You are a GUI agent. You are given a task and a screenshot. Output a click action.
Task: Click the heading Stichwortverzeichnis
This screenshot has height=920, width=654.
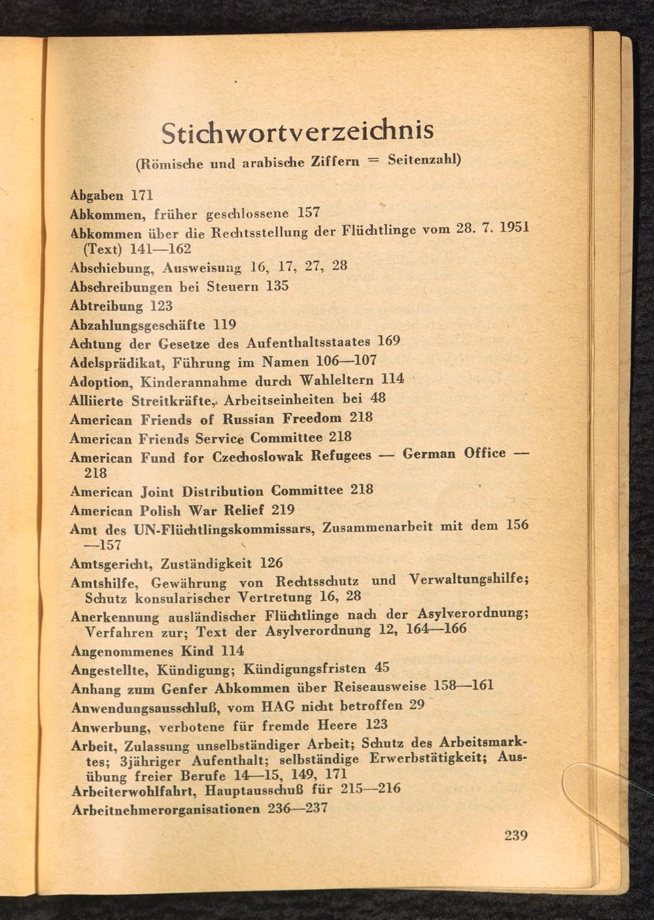[298, 131]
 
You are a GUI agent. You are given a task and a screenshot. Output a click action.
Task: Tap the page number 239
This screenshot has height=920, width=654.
[516, 835]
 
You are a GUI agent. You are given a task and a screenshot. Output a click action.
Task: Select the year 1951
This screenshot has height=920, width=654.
[513, 229]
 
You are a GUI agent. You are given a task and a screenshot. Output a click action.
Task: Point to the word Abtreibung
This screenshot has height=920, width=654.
[106, 306]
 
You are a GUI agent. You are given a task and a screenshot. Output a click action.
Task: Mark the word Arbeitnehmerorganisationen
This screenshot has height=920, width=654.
[166, 809]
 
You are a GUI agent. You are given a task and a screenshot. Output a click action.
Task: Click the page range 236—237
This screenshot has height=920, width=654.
[298, 808]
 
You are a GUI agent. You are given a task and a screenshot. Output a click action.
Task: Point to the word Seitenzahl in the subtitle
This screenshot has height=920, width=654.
[422, 160]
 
